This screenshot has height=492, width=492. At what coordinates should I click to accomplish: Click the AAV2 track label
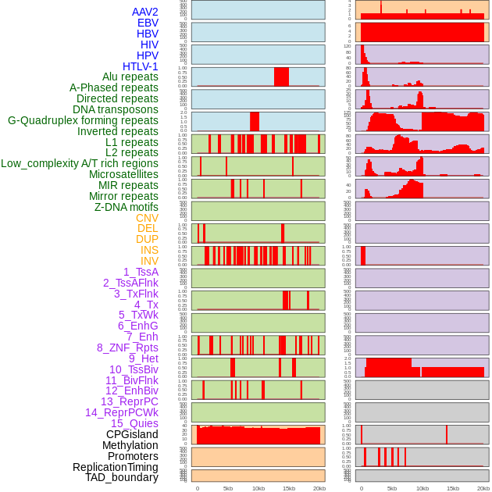click(145, 12)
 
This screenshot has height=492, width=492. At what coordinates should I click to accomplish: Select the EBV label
click(148, 23)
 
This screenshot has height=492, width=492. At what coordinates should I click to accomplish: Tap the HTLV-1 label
click(141, 66)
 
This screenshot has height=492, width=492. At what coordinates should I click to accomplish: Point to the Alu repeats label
click(130, 77)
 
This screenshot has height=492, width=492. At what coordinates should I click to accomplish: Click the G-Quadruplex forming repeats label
click(83, 120)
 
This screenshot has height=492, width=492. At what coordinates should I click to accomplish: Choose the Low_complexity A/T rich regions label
click(80, 163)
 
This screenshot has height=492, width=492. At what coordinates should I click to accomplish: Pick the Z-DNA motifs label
click(127, 207)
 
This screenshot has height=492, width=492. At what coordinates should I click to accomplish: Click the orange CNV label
click(147, 218)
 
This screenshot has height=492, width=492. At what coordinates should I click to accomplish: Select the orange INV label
click(149, 261)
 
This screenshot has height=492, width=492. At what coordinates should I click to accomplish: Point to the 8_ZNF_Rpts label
click(127, 348)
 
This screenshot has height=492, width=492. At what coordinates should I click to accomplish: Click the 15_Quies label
click(134, 423)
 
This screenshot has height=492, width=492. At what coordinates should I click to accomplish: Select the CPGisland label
click(132, 434)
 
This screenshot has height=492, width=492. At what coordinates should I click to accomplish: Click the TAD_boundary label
click(122, 477)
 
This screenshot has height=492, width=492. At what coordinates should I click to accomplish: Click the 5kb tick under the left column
click(228, 488)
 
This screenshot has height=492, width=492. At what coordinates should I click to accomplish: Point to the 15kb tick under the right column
click(452, 488)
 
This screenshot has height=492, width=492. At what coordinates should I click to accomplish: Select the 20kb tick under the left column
click(319, 488)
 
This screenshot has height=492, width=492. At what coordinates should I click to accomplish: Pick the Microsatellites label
click(123, 174)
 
